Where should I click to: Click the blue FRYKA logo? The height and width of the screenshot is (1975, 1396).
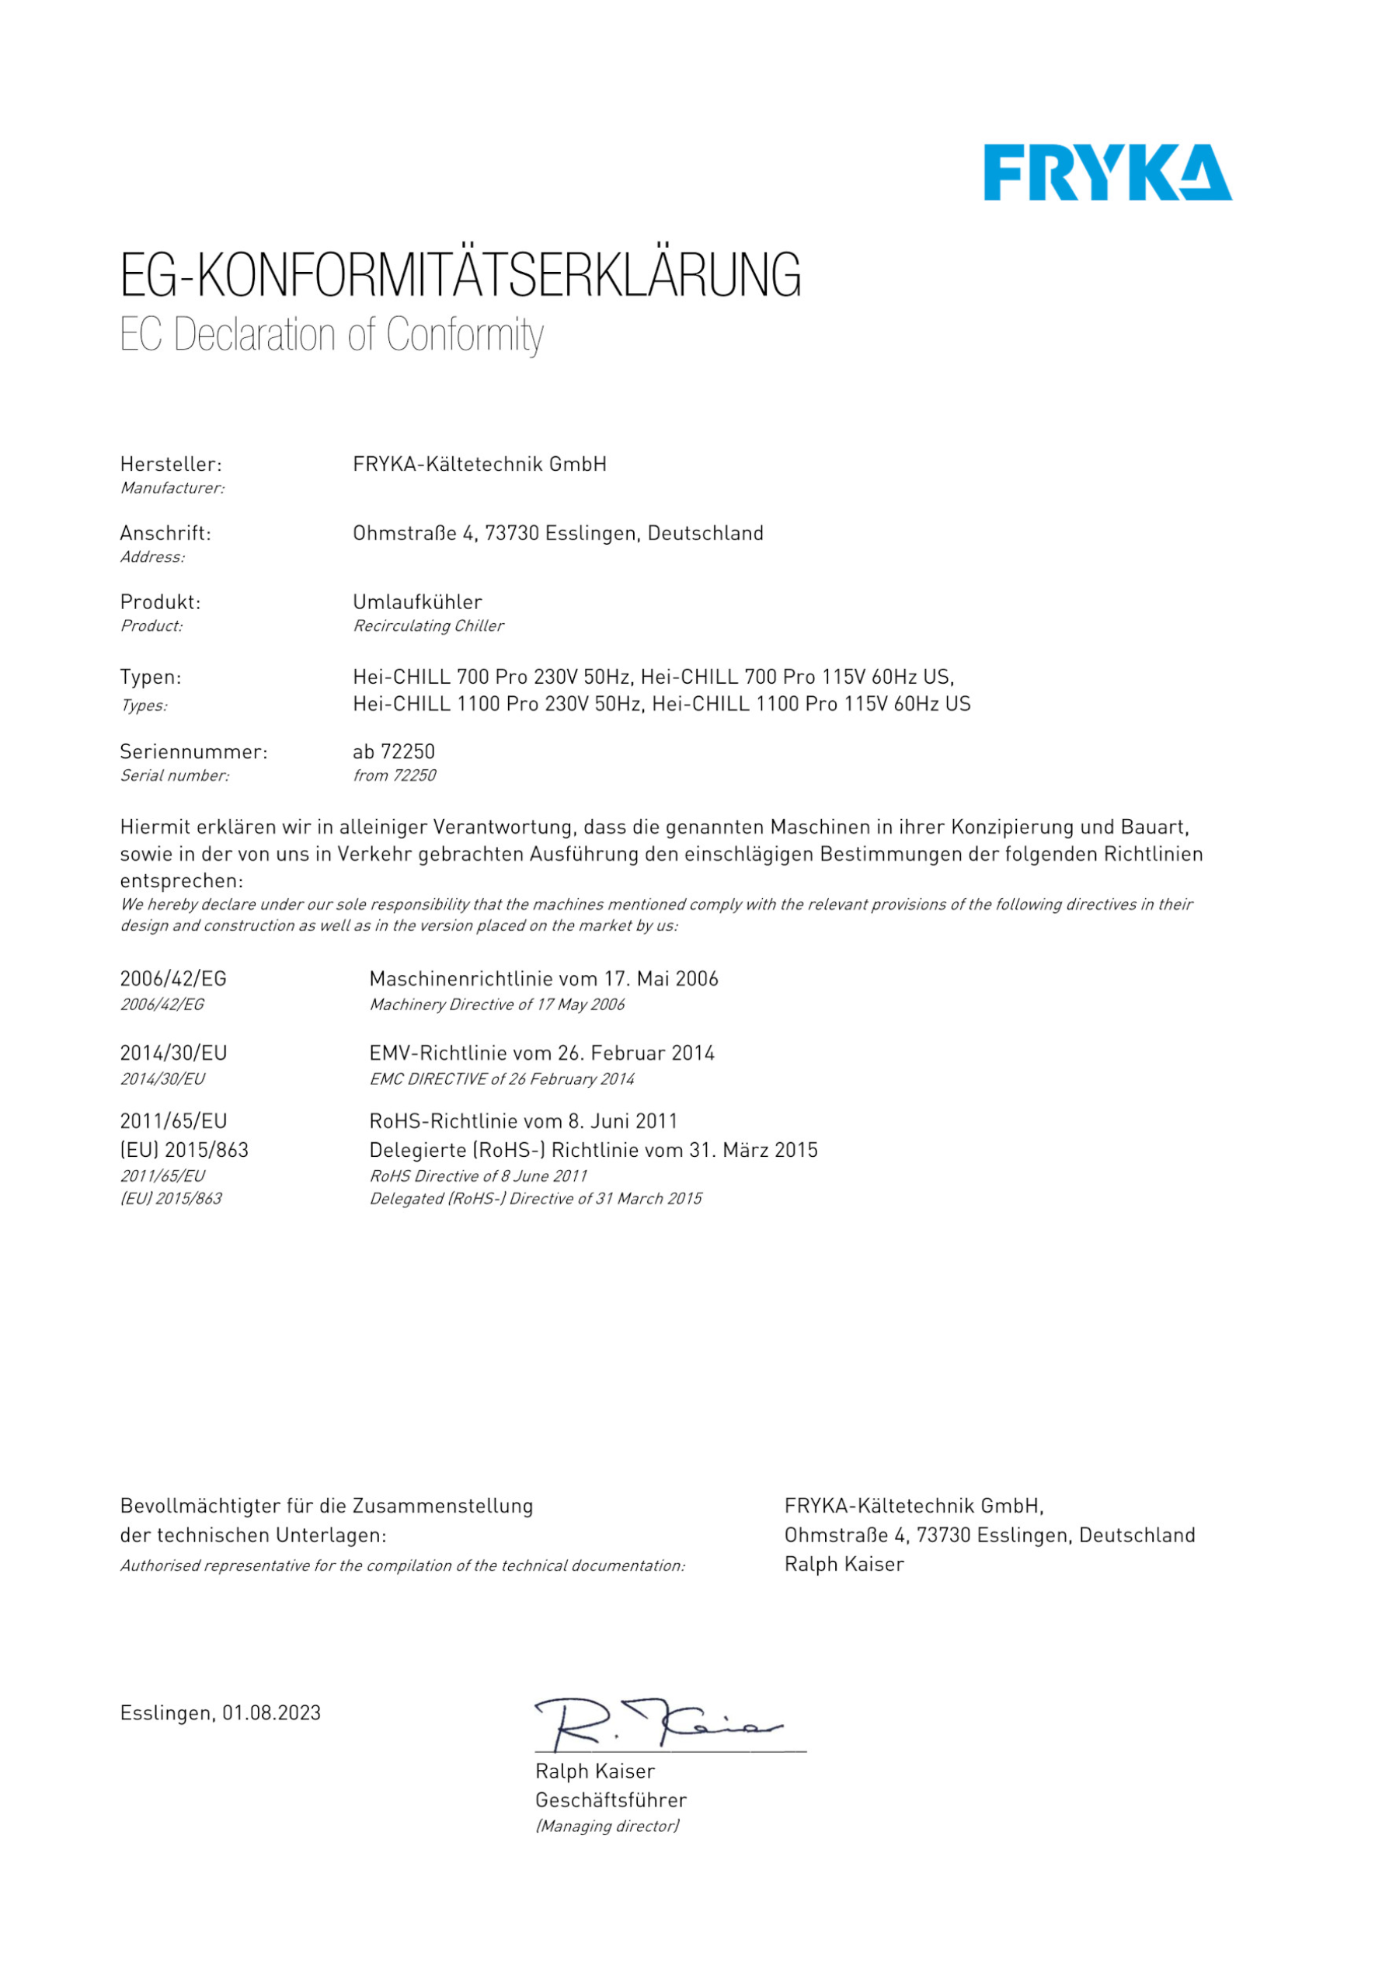click(x=1107, y=173)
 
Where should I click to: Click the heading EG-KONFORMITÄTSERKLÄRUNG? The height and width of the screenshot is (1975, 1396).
click(x=460, y=275)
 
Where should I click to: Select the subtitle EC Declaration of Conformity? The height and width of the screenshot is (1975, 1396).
click(x=331, y=335)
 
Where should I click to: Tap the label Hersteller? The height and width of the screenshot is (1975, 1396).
click(x=170, y=465)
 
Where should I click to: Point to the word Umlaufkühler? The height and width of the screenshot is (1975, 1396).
click(x=417, y=602)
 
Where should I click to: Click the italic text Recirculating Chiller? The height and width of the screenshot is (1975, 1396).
click(x=428, y=626)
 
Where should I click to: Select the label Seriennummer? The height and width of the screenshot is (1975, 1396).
click(x=193, y=752)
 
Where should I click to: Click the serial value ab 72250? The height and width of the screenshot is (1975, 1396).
click(x=394, y=752)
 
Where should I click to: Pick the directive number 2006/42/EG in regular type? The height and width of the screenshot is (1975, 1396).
click(x=173, y=979)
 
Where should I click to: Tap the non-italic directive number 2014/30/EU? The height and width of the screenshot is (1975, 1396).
click(x=174, y=1053)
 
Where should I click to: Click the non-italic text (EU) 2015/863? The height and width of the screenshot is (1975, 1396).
click(x=184, y=1150)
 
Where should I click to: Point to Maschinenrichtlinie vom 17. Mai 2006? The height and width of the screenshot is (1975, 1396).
click(x=544, y=979)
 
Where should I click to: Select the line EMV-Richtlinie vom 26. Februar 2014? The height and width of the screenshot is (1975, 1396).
click(x=542, y=1053)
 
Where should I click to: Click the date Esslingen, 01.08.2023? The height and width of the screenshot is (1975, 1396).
click(x=220, y=1712)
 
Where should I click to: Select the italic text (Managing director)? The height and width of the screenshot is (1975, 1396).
click(x=607, y=1825)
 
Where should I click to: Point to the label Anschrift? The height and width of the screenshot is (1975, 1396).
click(x=165, y=533)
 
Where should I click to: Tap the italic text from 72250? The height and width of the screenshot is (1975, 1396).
click(x=394, y=776)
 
